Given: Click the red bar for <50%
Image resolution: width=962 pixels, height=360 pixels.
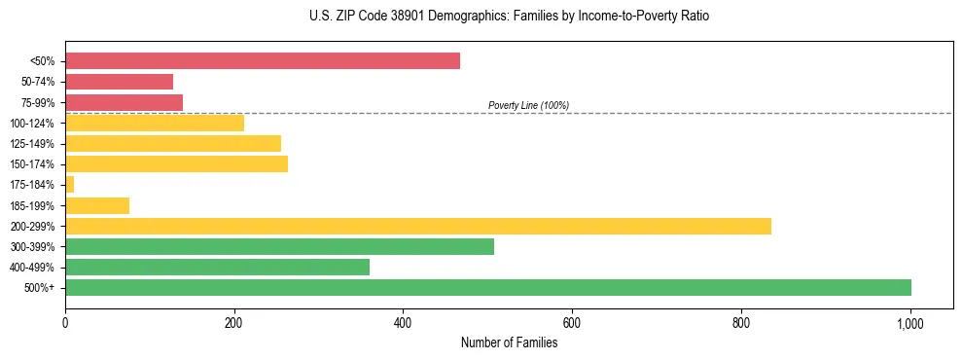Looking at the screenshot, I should pos(263,61).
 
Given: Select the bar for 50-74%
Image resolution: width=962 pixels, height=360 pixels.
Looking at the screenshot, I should pos(119,82).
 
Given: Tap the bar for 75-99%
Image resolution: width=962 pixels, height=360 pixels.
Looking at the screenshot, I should pos(124,102).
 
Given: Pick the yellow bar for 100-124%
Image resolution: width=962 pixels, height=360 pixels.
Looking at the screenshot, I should pos(155,123).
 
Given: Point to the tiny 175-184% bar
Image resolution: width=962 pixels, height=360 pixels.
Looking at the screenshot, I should pos(69,184).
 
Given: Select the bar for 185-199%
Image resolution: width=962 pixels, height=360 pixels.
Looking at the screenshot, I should pos(97,205).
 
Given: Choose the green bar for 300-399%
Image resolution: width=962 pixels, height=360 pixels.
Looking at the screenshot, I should pos(279,246).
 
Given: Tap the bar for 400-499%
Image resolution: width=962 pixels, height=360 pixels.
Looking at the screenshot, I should pos(217,267).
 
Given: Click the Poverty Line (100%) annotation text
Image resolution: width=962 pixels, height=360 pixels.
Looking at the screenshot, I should pos(528,105).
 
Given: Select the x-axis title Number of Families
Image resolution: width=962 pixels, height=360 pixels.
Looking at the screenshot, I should pos(509,342).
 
